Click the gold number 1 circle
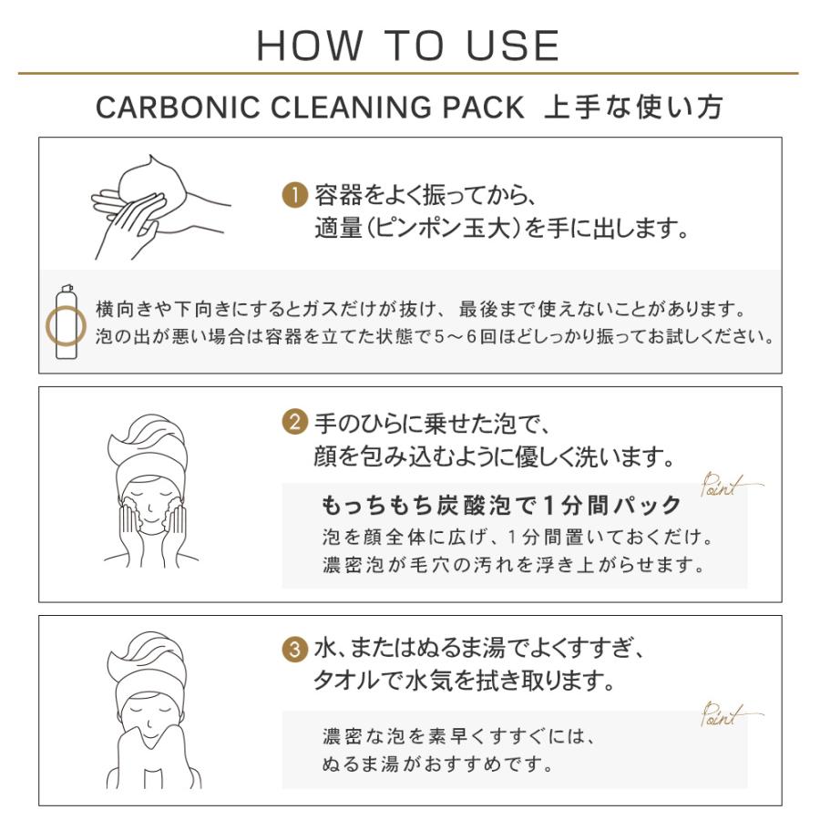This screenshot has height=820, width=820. (x=293, y=194)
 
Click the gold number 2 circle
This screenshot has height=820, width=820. (x=293, y=423)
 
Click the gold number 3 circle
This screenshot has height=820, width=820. (x=293, y=651)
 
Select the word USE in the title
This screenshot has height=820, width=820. (x=514, y=46)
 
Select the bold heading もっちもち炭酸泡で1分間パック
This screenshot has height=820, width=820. (x=501, y=505)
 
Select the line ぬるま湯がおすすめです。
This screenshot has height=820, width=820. (x=438, y=762)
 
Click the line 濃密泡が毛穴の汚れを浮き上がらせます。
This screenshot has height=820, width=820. (x=514, y=565)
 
